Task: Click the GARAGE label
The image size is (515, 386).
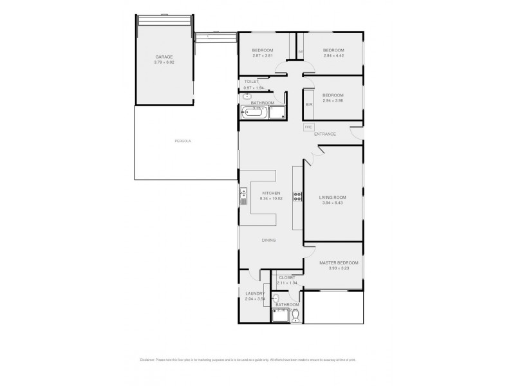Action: click(x=164, y=57)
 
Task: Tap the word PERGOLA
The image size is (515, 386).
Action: click(x=183, y=140)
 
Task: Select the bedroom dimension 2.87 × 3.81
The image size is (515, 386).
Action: click(x=262, y=55)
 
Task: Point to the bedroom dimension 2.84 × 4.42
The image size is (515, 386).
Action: click(x=333, y=55)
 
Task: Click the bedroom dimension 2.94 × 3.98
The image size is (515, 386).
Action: click(x=333, y=100)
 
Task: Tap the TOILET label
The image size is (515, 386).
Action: click(x=251, y=82)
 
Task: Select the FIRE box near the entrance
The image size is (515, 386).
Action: click(x=308, y=127)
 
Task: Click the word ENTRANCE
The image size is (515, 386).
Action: click(x=324, y=134)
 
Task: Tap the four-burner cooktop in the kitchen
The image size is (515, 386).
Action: click(x=297, y=198)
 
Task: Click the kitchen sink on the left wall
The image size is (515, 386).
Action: click(x=243, y=197)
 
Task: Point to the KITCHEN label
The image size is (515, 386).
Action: click(x=270, y=193)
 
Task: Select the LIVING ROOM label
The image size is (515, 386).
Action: click(x=333, y=198)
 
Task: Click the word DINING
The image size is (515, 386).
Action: click(x=268, y=241)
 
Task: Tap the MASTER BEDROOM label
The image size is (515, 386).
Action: click(x=339, y=262)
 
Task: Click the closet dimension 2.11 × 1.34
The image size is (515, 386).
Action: click(x=286, y=282)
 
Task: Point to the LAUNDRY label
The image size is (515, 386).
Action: click(x=255, y=293)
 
